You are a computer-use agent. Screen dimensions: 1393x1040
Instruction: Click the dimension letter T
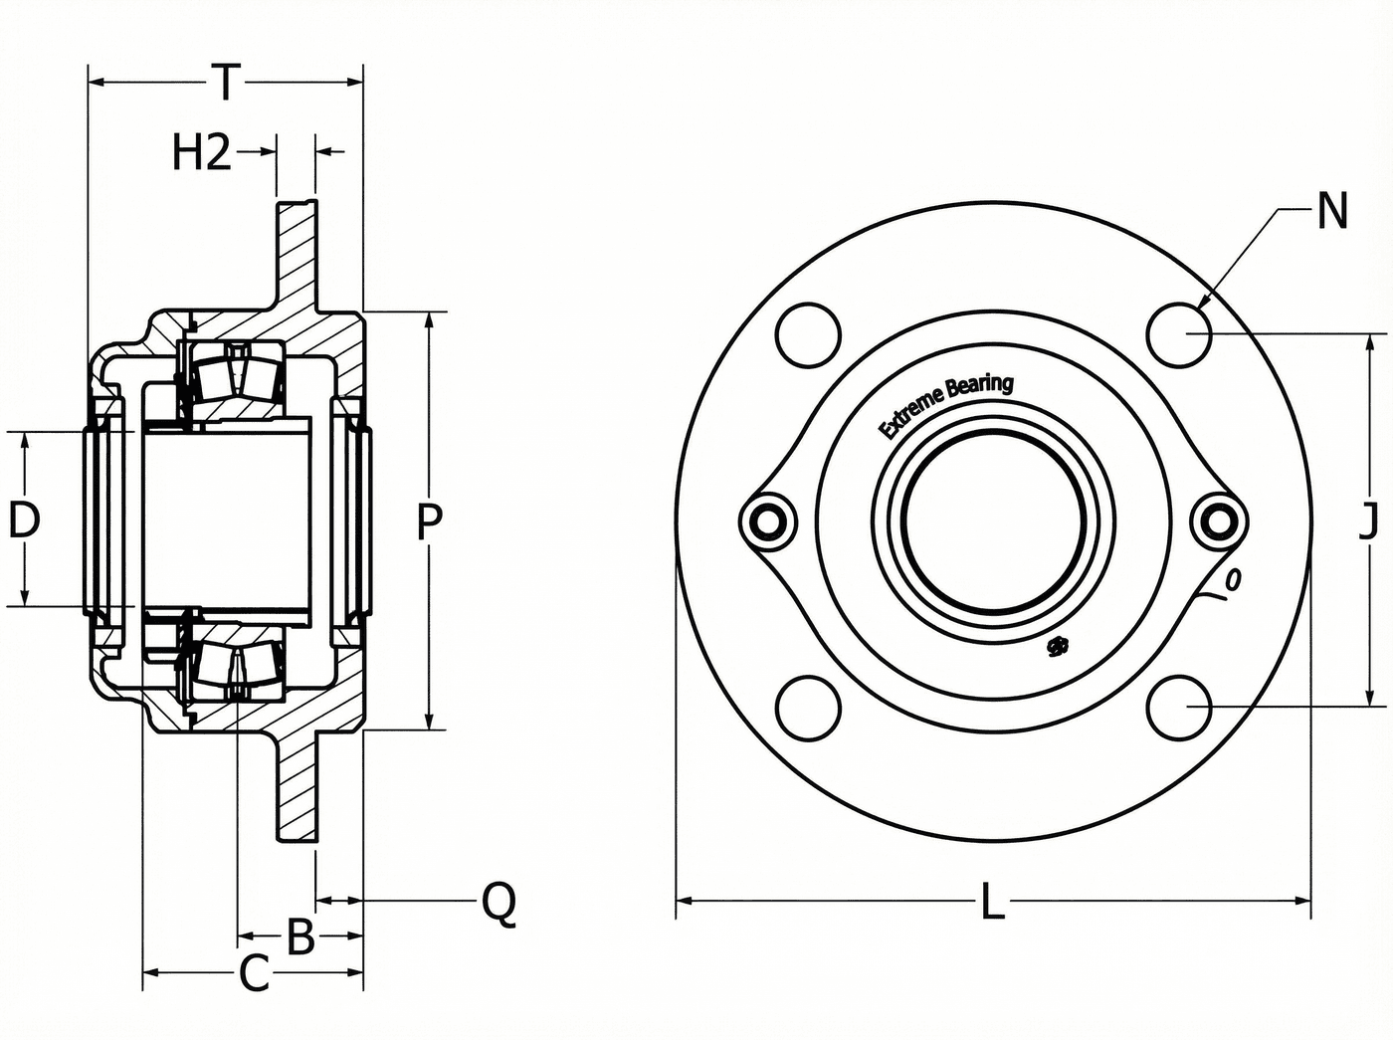coord(226,82)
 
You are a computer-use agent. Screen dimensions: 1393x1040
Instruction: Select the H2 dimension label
coord(202,153)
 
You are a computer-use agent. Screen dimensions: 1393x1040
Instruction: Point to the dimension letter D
coord(24,519)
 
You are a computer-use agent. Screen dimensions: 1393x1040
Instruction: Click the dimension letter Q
coord(498,903)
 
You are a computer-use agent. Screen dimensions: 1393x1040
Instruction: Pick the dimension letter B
coord(300,936)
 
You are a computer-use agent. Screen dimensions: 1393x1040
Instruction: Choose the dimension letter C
coord(255,973)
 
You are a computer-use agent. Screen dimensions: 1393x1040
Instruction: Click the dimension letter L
coord(992,902)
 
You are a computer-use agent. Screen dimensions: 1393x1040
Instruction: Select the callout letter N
coord(1332,211)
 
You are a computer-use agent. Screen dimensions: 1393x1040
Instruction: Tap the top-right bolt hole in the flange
coord(1180,334)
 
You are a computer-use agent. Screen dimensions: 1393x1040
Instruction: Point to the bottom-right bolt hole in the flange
coord(1180,708)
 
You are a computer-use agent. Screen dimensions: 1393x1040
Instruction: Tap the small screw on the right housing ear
coord(1218,521)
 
